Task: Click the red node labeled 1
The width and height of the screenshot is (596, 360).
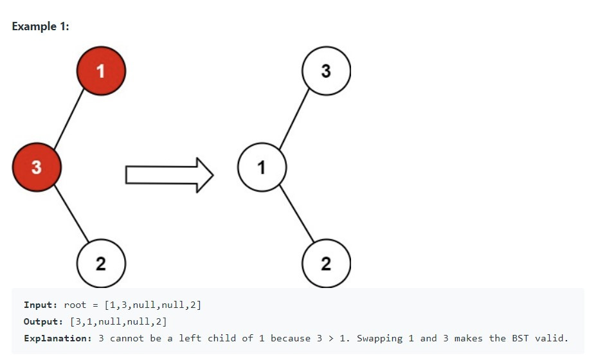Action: coord(101,71)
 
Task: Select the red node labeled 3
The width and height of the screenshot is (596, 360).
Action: coord(37,167)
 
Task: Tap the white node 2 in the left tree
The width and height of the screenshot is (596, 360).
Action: coord(101,263)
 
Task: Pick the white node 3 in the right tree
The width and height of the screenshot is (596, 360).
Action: coord(326,71)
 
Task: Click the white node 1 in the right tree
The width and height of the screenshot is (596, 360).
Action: coord(262,168)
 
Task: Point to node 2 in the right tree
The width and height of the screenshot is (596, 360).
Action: coord(326,263)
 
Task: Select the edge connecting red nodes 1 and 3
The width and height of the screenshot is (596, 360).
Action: coord(69,119)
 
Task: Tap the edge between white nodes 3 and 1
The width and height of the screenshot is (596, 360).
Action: coord(294,119)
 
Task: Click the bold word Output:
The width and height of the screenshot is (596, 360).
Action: coord(43,321)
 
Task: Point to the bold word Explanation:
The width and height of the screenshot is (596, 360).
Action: coord(58,338)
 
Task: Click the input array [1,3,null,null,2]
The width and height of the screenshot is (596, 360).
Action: coord(152,305)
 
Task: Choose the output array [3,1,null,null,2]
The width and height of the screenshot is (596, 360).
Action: coord(118,321)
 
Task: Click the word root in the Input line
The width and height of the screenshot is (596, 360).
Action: coord(75,305)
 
